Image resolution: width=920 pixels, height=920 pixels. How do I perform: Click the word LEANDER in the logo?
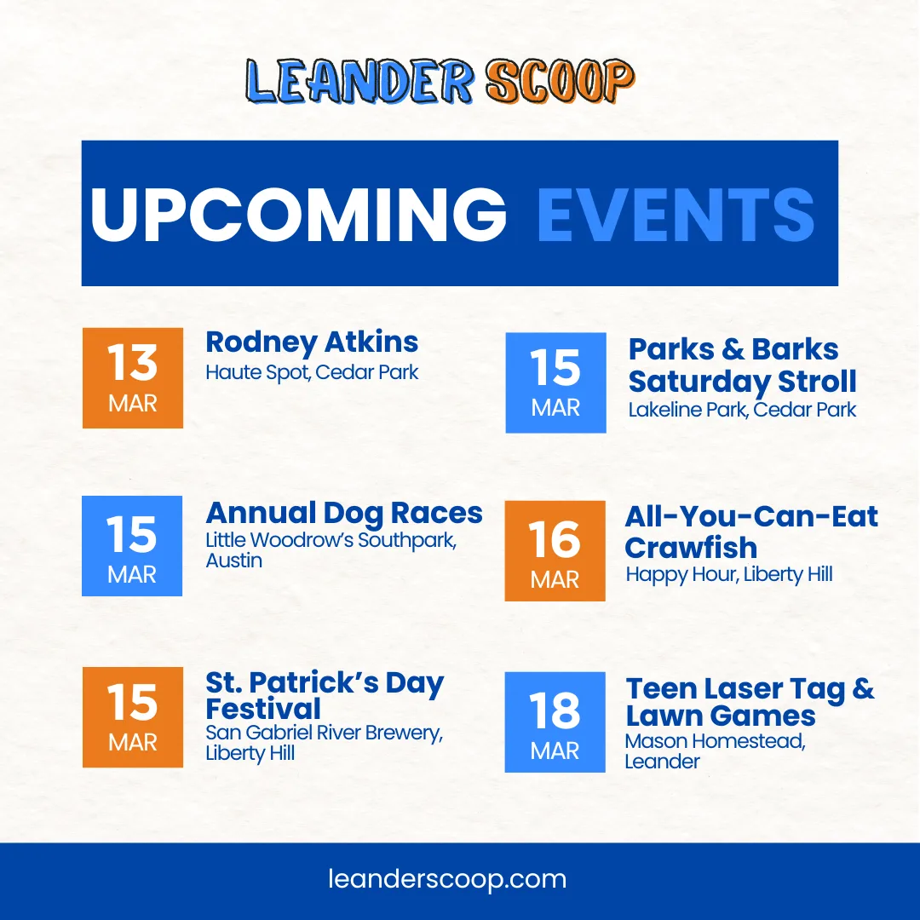click(x=359, y=82)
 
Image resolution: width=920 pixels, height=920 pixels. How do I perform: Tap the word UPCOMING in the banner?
click(x=298, y=214)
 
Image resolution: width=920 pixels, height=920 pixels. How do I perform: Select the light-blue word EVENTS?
click(x=676, y=214)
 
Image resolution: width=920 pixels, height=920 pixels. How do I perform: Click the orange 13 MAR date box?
click(x=133, y=378)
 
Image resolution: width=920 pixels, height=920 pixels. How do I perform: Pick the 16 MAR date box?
click(x=555, y=551)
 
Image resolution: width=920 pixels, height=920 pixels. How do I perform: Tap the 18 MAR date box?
click(x=555, y=722)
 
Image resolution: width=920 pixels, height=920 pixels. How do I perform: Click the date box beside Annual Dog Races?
click(x=132, y=546)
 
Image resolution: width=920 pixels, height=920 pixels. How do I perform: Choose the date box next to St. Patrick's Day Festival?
click(x=133, y=717)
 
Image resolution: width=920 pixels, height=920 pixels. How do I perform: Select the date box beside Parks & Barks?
click(x=555, y=382)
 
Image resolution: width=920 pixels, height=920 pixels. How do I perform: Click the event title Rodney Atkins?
click(x=312, y=342)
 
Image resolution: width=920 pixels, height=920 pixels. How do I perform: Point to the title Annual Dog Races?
click(x=344, y=514)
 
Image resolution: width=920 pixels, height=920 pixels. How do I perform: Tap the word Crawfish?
click(x=691, y=548)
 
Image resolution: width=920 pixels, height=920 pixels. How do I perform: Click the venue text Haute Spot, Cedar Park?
click(x=312, y=372)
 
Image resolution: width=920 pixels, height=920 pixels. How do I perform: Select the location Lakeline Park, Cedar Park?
click(x=742, y=410)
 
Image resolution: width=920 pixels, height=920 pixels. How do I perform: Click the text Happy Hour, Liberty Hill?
click(x=728, y=574)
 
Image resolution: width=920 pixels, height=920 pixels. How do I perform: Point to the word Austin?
click(x=233, y=561)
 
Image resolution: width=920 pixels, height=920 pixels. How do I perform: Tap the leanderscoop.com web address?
click(x=447, y=879)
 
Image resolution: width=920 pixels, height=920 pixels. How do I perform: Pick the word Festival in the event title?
click(x=263, y=709)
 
